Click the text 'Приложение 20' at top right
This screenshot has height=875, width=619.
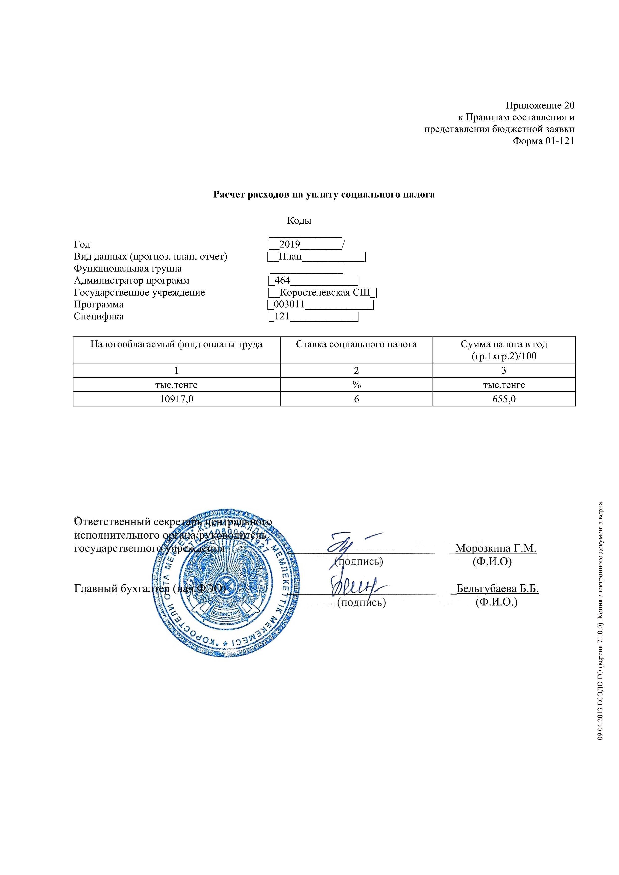[540, 105]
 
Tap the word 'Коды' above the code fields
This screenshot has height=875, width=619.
[299, 221]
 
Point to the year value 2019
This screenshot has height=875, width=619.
[290, 244]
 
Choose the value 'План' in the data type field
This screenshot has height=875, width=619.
[290, 256]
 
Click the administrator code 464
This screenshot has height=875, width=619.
[282, 281]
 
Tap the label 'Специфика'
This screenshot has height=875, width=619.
[99, 316]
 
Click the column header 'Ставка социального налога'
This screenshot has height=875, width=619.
[356, 344]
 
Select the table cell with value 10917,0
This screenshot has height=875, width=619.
[176, 399]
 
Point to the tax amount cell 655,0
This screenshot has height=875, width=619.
[504, 399]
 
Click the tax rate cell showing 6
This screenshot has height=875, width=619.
[356, 399]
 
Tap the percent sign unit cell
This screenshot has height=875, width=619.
[356, 385]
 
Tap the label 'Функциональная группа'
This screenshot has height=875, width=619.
[128, 269]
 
